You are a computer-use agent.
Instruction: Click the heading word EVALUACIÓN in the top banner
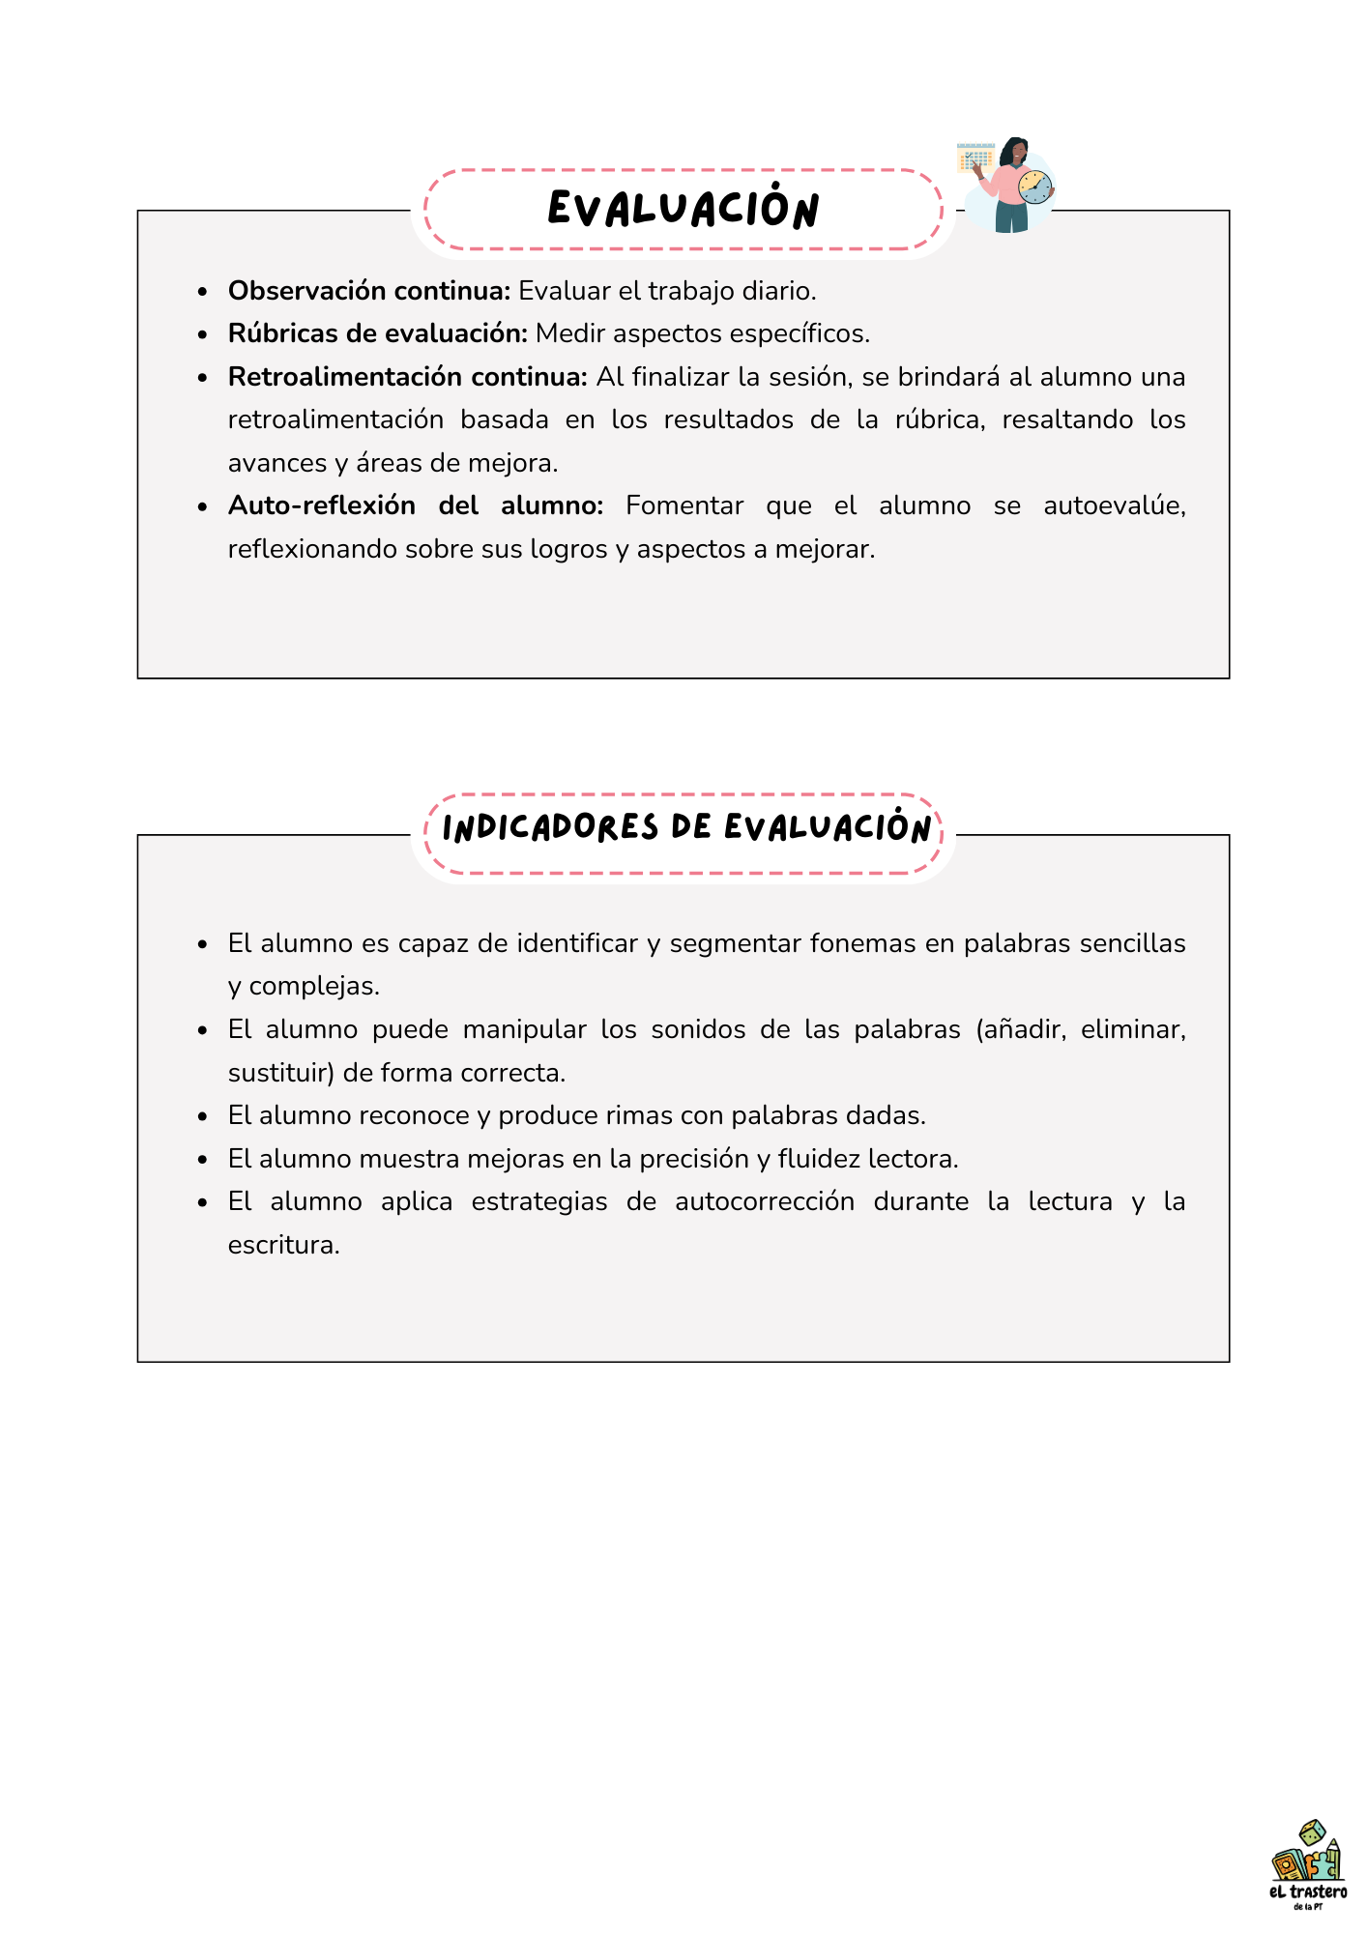coord(683,209)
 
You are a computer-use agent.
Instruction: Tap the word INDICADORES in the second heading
coord(550,828)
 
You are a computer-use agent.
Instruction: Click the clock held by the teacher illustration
coord(1034,187)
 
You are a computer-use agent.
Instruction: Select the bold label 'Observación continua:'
coord(369,291)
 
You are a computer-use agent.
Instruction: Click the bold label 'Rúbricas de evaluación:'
coord(378,333)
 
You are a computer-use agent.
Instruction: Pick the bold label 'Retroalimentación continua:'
coord(407,377)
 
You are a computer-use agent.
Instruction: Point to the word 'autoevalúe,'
coord(1114,505)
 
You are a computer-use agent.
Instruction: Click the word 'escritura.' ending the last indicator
coord(284,1245)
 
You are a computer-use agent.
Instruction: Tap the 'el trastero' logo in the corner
coord(1307,1864)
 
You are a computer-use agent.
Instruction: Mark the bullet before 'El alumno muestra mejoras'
coord(202,1160)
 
